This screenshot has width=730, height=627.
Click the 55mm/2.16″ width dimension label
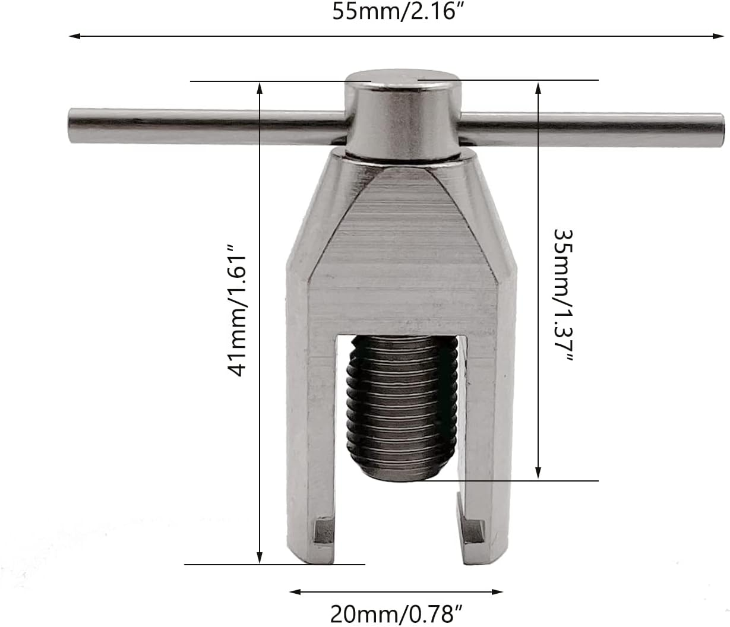[x=397, y=11]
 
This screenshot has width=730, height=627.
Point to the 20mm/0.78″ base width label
[x=396, y=613]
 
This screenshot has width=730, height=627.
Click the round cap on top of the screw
[x=403, y=113]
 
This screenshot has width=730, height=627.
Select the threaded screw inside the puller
[x=404, y=404]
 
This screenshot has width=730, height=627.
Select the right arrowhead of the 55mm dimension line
[x=719, y=36]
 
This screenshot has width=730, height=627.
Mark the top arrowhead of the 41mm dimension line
[x=260, y=87]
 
